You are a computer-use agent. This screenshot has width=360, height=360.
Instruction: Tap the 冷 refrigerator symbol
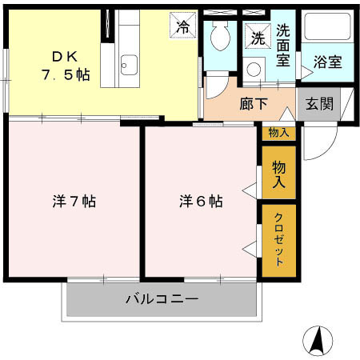coord(182,26)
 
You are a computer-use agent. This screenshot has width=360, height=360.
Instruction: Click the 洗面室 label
coord(285,46)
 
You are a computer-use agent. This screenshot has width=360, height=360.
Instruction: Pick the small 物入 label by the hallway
coord(278,133)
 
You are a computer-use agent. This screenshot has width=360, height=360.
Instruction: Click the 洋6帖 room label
coord(200,202)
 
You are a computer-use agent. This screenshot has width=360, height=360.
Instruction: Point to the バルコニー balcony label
coord(162,299)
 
